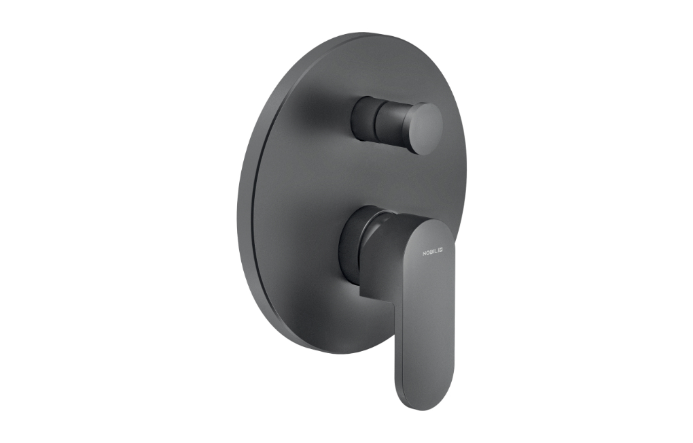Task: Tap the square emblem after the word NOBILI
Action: pos(441,250)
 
